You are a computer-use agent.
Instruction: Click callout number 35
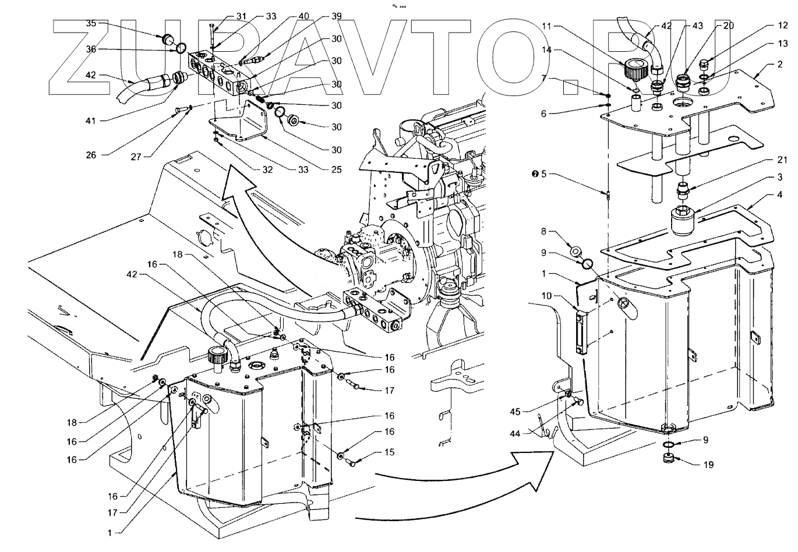coord(92,23)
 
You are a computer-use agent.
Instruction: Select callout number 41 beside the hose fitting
coord(92,121)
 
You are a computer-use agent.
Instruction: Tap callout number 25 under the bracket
coord(336,170)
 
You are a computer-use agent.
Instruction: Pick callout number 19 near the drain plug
coord(708,465)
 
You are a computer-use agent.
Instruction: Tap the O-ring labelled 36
coord(181,48)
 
